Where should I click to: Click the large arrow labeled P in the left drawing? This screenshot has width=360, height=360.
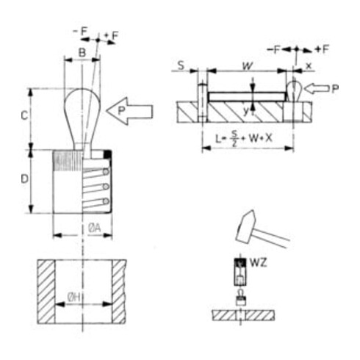click(x=130, y=111)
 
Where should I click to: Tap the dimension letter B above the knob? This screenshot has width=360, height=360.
click(x=82, y=52)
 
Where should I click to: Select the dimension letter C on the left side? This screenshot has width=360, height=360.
click(x=24, y=115)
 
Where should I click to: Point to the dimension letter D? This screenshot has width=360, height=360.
click(x=24, y=179)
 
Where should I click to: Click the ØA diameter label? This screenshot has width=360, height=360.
click(x=95, y=228)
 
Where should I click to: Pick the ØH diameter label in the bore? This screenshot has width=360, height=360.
click(x=74, y=298)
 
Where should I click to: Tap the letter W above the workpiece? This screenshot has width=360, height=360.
click(x=248, y=66)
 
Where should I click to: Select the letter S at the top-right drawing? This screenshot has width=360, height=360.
click(x=181, y=65)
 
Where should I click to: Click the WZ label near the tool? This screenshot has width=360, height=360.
click(x=258, y=263)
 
